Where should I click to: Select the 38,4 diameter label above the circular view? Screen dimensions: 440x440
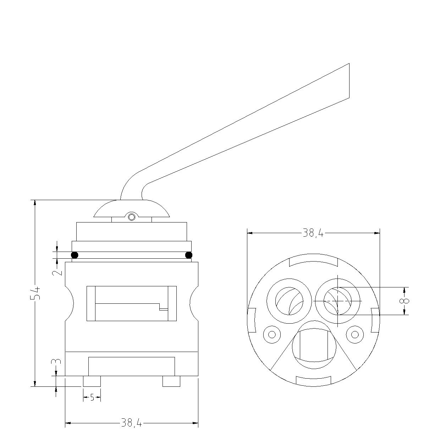(313, 233)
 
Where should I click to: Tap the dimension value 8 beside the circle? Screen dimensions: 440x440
(405, 301)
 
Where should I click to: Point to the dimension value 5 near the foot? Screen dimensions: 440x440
(92, 397)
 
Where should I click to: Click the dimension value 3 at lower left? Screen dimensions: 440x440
(57, 361)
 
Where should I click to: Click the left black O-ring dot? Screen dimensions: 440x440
(75, 255)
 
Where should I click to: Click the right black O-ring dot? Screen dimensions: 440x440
(189, 255)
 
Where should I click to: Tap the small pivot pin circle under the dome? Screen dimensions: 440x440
(132, 217)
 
